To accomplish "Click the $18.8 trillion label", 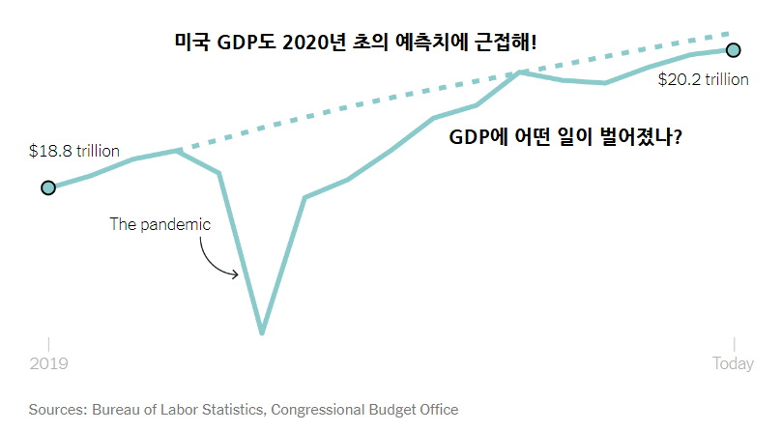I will pos(73,151).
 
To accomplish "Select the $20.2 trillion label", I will pos(703,80).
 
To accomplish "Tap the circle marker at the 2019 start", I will pos(48,187).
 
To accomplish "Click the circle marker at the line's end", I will pos(733,49).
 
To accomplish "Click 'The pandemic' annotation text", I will pos(159,224).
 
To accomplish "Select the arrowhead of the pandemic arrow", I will pos(236,274).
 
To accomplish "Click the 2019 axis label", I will pos(48,364).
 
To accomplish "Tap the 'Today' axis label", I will pos(733,364).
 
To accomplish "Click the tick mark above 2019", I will pos(48,345).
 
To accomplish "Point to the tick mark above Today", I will pos(734,345).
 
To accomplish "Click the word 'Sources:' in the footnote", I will pos(58,410).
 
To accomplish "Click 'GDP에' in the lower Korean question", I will pos(480,137).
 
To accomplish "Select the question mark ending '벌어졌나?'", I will pos(680,137).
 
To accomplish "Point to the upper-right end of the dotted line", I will pos(730,34).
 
